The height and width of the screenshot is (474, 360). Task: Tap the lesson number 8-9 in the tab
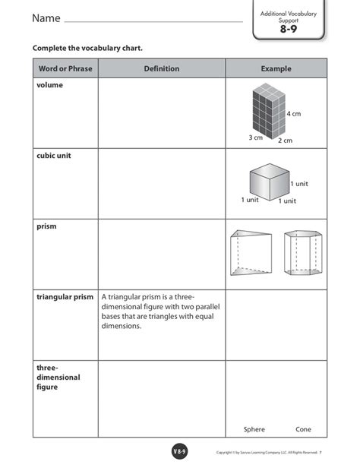point(288,29)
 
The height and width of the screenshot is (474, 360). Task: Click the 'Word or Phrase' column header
point(65,69)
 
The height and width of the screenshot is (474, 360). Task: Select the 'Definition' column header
point(161,69)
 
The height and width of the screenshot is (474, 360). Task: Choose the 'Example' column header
point(276,69)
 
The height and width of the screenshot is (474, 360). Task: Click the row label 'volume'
point(50,86)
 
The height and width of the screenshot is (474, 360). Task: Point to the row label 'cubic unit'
point(55,156)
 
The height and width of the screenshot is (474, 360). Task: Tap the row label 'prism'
point(47,226)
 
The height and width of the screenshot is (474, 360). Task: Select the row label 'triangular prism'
point(65,297)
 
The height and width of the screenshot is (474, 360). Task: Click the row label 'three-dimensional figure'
point(58,377)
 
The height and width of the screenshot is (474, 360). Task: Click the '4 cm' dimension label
point(294,114)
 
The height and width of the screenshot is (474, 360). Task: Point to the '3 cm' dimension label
point(255,137)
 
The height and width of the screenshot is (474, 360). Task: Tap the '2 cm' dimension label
point(285,141)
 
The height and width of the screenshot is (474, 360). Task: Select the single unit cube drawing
point(269,182)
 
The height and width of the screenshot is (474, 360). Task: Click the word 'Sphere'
point(254,429)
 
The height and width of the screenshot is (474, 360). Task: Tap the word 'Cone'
point(303,429)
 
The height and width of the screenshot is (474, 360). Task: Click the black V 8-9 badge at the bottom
point(180,453)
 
